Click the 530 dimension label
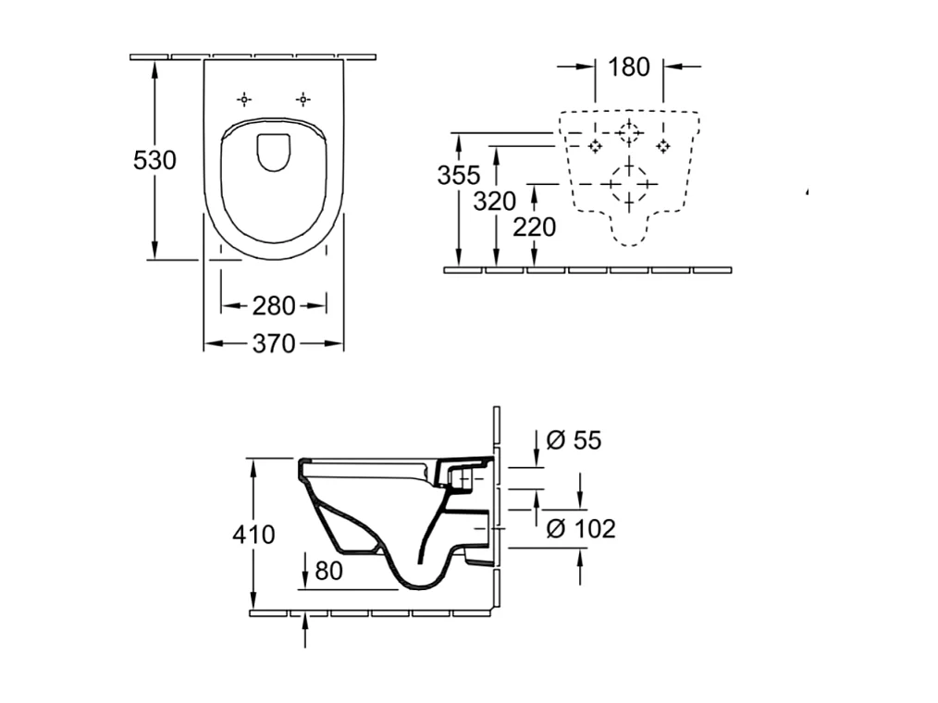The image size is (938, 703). point(154,160)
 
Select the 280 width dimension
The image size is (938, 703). point(273,304)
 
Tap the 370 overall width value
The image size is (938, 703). point(273,343)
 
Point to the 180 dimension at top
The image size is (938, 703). point(629,67)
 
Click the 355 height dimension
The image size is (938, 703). point(458,174)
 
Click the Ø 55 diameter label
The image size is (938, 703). point(574,440)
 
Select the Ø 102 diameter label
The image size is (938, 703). point(580,528)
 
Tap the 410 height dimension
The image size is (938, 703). point(253,534)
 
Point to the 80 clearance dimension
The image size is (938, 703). point(328,571)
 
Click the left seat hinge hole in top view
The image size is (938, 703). point(243,99)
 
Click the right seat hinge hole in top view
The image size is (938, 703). point(302,99)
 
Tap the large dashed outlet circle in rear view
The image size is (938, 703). point(629,184)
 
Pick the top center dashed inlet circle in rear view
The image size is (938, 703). point(629,133)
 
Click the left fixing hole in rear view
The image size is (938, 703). point(595,145)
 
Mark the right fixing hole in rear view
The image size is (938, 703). point(663,145)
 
